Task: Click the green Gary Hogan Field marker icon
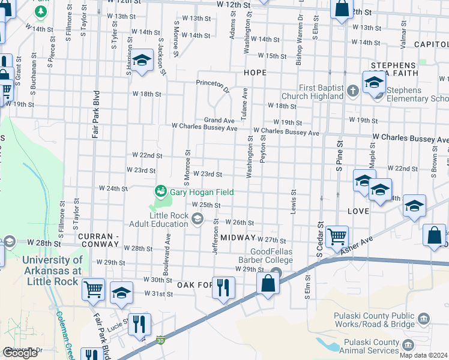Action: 160,191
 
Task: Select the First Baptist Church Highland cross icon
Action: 353,92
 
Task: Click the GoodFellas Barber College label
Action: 263,256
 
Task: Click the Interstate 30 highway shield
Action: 160,340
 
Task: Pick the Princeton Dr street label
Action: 213,86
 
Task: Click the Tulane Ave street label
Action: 244,103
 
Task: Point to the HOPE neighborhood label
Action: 255,72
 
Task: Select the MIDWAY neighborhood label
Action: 238,238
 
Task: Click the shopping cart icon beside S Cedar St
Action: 337,236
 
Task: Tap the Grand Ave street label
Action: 218,121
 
